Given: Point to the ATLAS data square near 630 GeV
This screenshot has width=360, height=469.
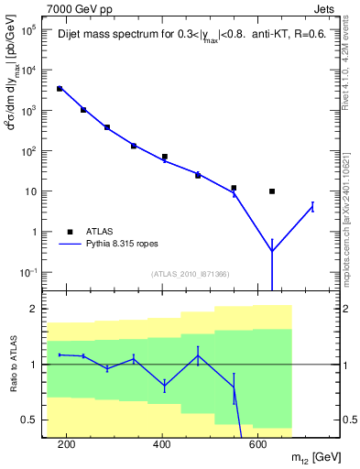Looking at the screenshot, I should pyautogui.click(x=272, y=191).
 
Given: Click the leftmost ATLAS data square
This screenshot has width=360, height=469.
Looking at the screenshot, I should pyautogui.click(x=60, y=89).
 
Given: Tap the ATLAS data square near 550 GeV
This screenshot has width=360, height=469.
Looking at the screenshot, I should pyautogui.click(x=235, y=188).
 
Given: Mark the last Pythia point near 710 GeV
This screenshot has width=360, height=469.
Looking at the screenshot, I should pyautogui.click(x=312, y=207).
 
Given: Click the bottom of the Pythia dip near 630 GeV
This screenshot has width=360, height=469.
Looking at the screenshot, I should pyautogui.click(x=272, y=251).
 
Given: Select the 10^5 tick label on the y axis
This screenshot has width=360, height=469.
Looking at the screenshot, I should pyautogui.click(x=28, y=29).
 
